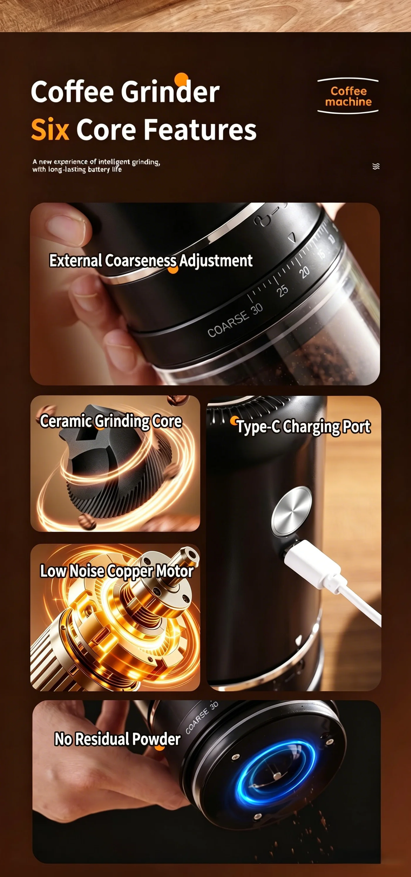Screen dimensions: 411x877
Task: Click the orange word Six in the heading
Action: tap(50, 130)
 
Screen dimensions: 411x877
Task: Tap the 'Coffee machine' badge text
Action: tap(348, 96)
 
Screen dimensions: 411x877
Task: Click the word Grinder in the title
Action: tap(170, 92)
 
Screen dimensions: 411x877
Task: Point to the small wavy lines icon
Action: tap(376, 166)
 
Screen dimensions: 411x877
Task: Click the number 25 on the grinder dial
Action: tap(282, 290)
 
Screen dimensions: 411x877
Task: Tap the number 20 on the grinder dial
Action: tap(304, 272)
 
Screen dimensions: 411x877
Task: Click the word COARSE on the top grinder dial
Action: tap(228, 324)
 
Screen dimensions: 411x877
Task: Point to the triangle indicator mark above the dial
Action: tap(292, 237)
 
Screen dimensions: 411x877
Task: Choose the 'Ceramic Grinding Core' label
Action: tap(111, 421)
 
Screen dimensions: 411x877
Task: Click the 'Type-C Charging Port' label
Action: tap(304, 427)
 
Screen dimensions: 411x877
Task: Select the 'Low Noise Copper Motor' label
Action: tap(117, 571)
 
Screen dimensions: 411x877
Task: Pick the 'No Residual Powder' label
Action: tap(118, 739)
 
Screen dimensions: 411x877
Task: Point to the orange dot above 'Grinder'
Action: tap(181, 79)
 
